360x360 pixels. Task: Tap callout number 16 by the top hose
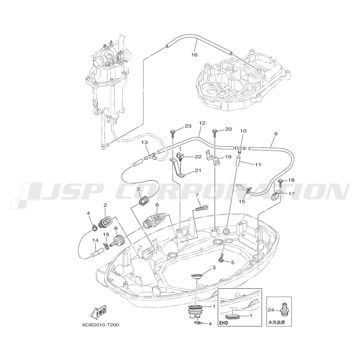[194, 55]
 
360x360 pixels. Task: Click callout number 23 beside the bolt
[188, 126]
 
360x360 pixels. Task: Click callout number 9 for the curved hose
[276, 134]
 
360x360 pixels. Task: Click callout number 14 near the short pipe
[95, 240]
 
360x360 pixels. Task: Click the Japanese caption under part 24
[276, 323]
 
